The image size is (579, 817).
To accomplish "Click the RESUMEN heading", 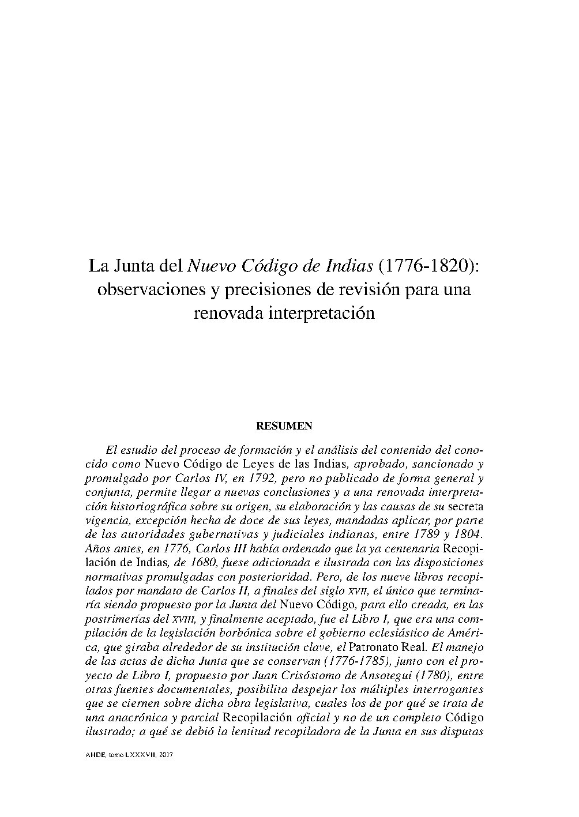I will (284, 426).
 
